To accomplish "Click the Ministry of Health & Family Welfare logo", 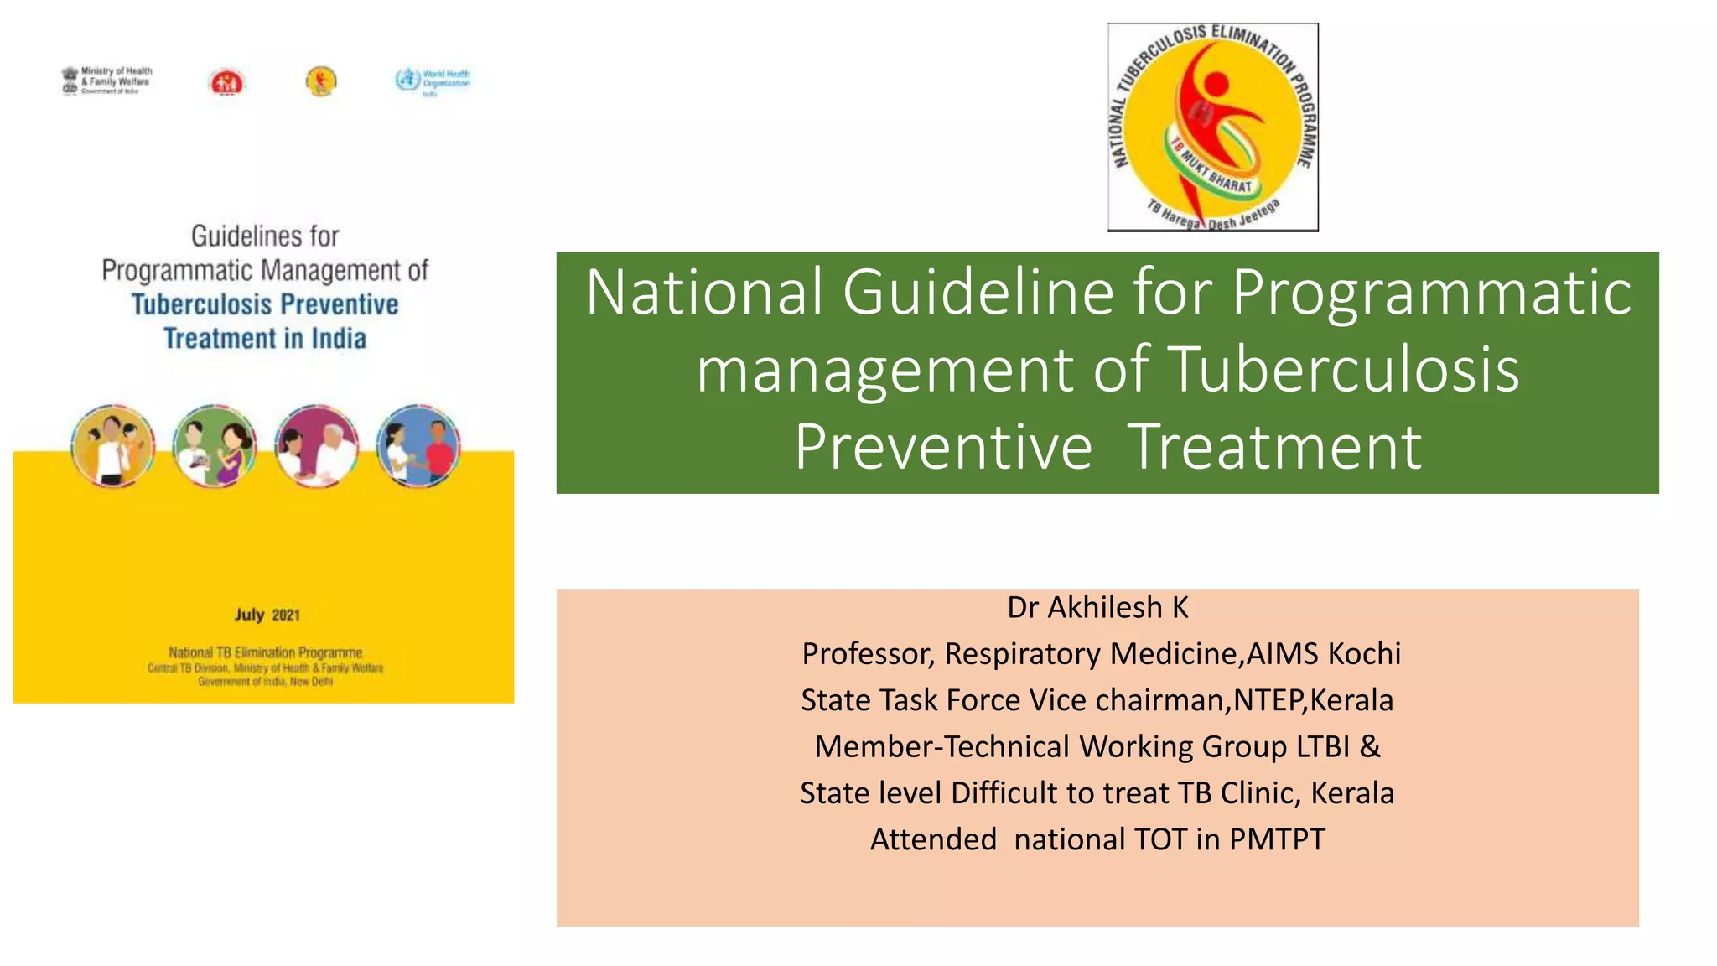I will coord(106,80).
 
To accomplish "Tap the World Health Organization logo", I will coord(433,81).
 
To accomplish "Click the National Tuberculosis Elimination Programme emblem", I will coord(1212,127).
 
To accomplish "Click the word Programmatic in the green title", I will coord(1431,292).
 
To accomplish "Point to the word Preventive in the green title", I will coord(943,446).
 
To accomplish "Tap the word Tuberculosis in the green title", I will coord(1343,369).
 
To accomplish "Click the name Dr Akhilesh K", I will coord(1097,607).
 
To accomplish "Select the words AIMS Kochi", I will coord(1324,654).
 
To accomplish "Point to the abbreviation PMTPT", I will coord(1277,839).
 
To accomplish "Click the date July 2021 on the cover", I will coord(267,615).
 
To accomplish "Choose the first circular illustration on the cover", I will coord(113,446).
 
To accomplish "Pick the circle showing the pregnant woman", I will coord(215,446).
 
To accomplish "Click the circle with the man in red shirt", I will coord(418,446).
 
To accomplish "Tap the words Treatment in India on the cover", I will coord(265,339).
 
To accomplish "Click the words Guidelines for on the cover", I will coord(265,236).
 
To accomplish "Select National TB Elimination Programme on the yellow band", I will coord(265,652).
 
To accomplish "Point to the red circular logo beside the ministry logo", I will coord(226,82).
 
